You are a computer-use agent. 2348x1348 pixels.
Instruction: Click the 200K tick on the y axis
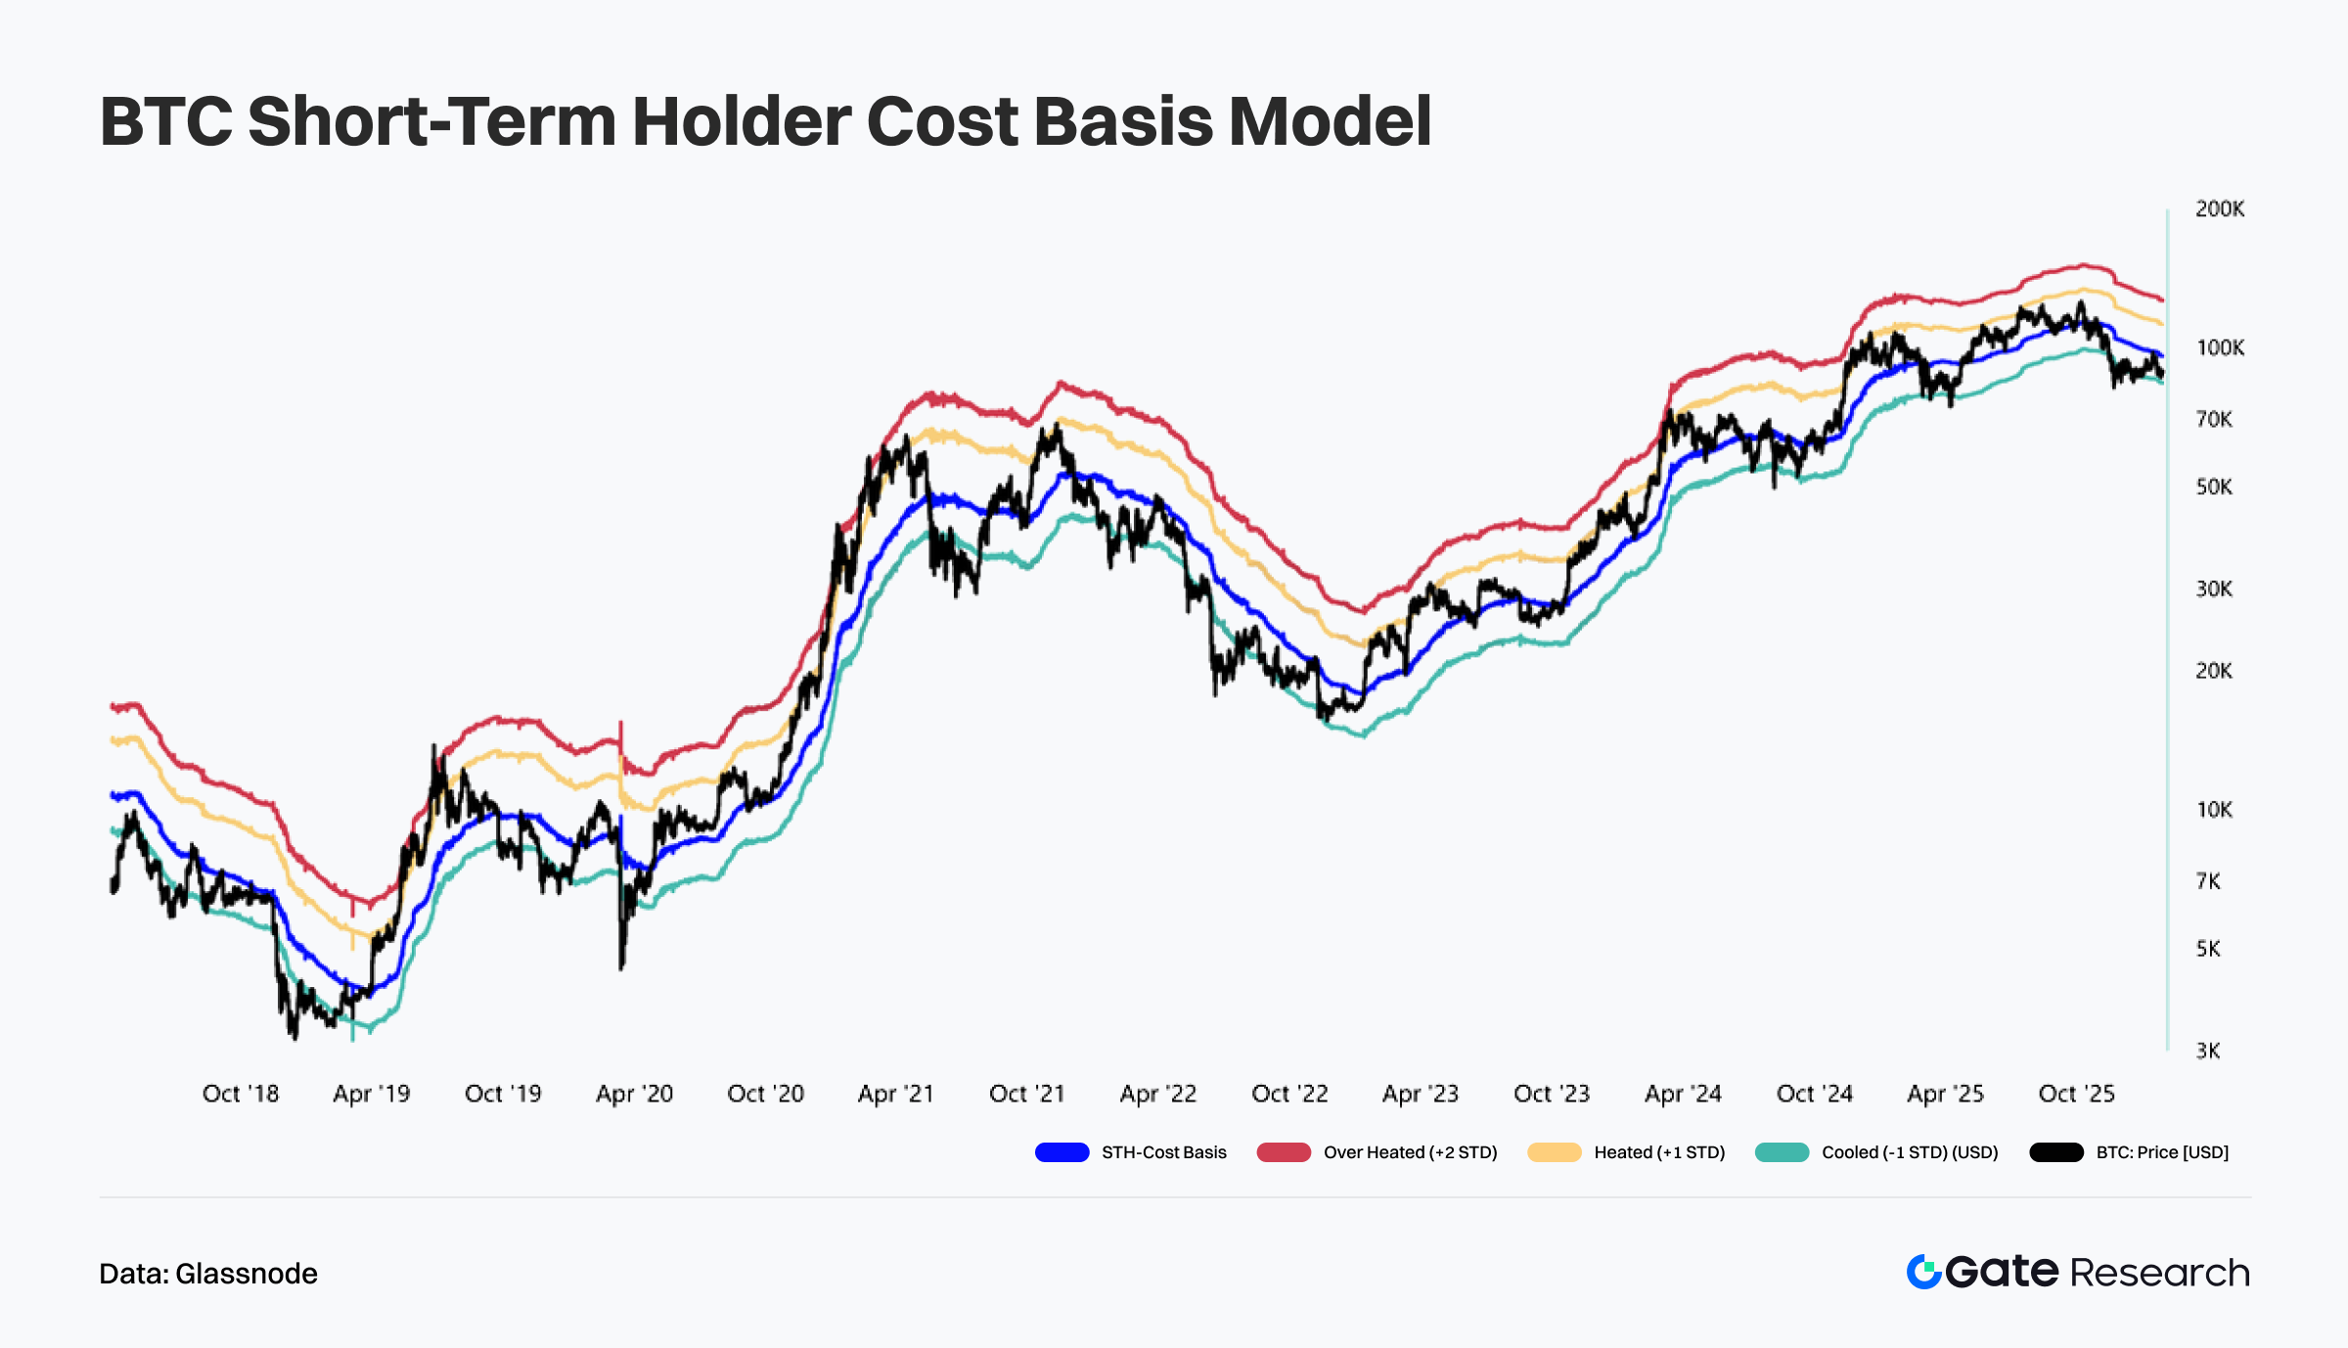pyautogui.click(x=2219, y=208)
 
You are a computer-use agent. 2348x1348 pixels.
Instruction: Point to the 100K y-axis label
pyautogui.click(x=2219, y=347)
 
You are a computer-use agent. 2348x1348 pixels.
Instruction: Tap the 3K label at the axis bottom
pyautogui.click(x=2208, y=1051)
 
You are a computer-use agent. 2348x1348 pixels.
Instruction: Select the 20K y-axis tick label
pyautogui.click(x=2213, y=671)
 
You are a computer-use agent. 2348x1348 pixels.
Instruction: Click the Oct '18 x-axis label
pyautogui.click(x=241, y=1094)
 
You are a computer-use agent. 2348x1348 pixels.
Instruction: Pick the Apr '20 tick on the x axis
pyautogui.click(x=634, y=1094)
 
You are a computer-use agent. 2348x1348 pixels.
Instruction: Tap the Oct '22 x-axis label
pyautogui.click(x=1289, y=1094)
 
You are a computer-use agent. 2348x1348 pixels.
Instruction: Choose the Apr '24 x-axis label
pyautogui.click(x=1683, y=1094)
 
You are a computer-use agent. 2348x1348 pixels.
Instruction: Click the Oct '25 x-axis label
pyautogui.click(x=2076, y=1094)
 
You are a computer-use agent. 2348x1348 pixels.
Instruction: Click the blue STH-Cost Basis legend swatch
pyautogui.click(x=1061, y=1152)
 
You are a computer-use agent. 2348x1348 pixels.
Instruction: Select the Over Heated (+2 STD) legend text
pyautogui.click(x=1410, y=1152)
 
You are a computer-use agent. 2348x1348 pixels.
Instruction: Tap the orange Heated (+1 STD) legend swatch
pyautogui.click(x=1554, y=1152)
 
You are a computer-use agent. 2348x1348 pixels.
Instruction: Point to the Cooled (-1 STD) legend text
pyautogui.click(x=1909, y=1152)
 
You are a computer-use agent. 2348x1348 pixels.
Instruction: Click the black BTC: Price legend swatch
pyautogui.click(x=2055, y=1152)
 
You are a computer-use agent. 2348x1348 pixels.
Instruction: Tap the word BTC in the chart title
pyautogui.click(x=166, y=121)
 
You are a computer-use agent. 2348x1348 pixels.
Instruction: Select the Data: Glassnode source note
pyautogui.click(x=208, y=1274)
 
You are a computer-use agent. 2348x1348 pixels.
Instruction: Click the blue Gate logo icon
pyautogui.click(x=1923, y=1272)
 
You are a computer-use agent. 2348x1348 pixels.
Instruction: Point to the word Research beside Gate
pyautogui.click(x=2159, y=1273)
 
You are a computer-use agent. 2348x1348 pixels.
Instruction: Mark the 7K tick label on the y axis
pyautogui.click(x=2208, y=881)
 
